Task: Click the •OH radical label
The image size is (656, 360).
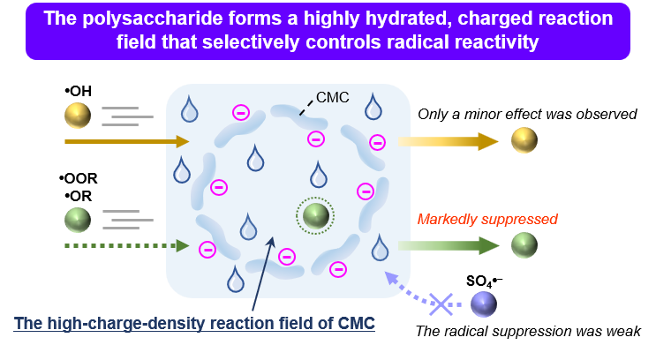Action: point(79,91)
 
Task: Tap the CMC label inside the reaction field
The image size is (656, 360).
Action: point(332,97)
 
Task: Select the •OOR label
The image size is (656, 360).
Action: point(79,178)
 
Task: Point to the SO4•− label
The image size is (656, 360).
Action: point(484,281)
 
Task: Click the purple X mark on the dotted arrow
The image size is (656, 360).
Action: point(441,304)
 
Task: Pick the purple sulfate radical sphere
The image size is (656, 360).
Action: point(484,304)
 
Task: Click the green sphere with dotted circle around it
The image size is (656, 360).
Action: point(315,216)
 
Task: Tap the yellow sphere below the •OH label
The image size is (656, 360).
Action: point(78,115)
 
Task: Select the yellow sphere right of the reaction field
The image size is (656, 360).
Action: point(524,140)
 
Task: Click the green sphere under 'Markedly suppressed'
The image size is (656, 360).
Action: point(524,245)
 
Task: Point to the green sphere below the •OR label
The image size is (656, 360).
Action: point(78,220)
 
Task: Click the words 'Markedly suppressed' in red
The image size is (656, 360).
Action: point(487,219)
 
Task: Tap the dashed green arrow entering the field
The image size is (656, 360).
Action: point(127,245)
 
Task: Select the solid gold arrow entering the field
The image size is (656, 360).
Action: point(127,141)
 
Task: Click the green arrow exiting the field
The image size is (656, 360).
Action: point(449,245)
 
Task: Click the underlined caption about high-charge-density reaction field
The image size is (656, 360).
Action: point(194,323)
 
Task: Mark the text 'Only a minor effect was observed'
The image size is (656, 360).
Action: point(527,114)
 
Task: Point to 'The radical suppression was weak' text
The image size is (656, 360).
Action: point(528,331)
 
